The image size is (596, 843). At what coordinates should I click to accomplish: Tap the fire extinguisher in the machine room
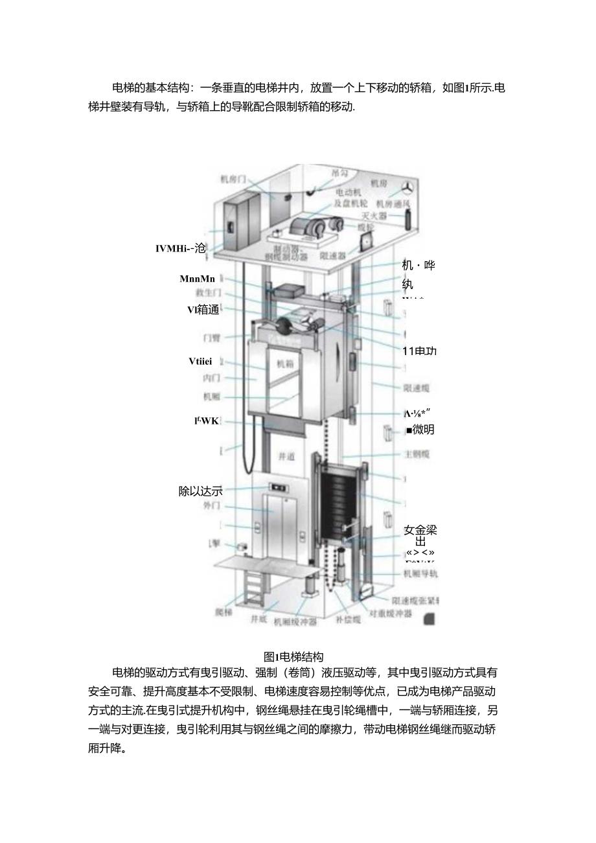click(408, 218)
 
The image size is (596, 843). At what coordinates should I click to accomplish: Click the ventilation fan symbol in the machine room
click(407, 187)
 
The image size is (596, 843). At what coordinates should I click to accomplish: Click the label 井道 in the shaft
click(286, 456)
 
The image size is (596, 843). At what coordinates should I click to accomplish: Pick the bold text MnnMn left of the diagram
click(197, 279)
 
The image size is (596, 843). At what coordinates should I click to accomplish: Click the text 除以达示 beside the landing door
click(200, 491)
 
